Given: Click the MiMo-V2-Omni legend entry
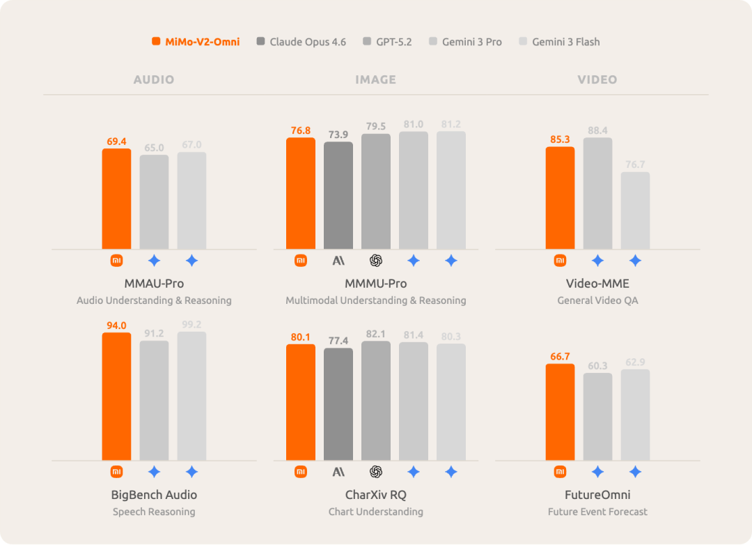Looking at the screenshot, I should pyautogui.click(x=196, y=42).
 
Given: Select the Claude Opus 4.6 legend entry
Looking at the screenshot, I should pyautogui.click(x=301, y=42).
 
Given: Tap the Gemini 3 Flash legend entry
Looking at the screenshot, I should pyautogui.click(x=559, y=42).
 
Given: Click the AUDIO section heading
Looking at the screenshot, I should pyautogui.click(x=154, y=79).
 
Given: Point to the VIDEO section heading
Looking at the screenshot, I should pyautogui.click(x=597, y=79).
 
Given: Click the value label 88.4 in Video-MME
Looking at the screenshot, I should pyautogui.click(x=597, y=130).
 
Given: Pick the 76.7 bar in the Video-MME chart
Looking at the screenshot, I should pyautogui.click(x=635, y=210).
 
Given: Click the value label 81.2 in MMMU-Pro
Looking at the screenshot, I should pyautogui.click(x=451, y=124).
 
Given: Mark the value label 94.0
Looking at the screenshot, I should pyautogui.click(x=116, y=325).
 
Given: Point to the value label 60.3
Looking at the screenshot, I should pyautogui.click(x=597, y=366).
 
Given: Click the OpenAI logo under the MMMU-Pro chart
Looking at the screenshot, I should pyautogui.click(x=376, y=261).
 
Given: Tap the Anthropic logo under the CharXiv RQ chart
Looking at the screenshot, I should pyautogui.click(x=338, y=472).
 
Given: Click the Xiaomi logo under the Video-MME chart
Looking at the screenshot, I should pyautogui.click(x=560, y=261).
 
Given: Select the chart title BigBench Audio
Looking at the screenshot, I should pyautogui.click(x=154, y=495).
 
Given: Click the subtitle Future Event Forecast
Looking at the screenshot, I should pyautogui.click(x=597, y=512).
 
